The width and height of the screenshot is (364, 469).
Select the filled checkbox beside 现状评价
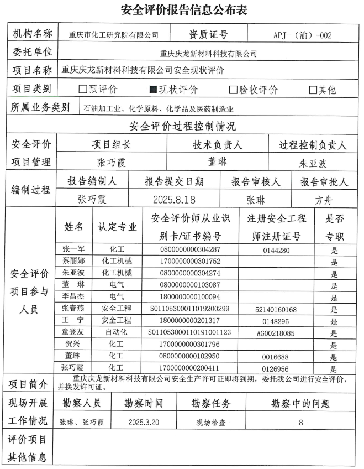coord(154,90)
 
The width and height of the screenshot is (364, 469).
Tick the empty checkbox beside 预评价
coord(83,90)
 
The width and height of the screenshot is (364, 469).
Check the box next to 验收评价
coord(234,90)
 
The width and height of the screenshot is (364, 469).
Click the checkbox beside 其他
coord(313,90)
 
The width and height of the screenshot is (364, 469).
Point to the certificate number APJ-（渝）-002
coord(302,35)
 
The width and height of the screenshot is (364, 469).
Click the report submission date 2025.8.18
coord(173,199)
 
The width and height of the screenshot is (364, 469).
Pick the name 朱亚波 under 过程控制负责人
coord(313,164)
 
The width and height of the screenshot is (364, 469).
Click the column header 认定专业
coord(117,227)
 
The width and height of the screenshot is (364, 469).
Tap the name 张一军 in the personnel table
coord(73,249)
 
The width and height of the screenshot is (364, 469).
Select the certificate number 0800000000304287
coord(189,249)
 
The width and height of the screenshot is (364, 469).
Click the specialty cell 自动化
coord(117,332)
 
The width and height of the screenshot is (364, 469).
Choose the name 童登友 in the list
coord(73,332)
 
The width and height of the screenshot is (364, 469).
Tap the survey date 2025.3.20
coord(144,422)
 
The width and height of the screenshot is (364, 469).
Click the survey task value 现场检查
coord(211,422)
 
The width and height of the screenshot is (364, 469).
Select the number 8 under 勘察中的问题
coord(300,422)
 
